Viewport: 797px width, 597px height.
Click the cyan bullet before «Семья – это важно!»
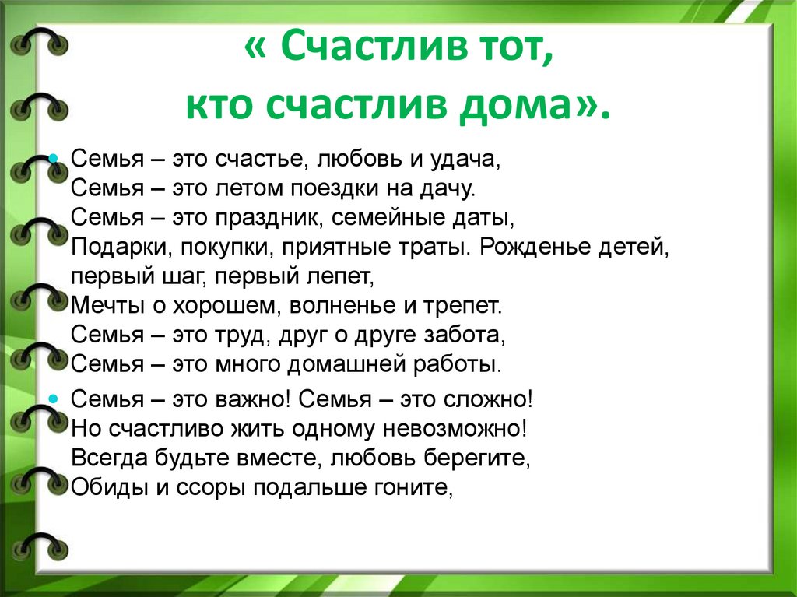53,399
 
